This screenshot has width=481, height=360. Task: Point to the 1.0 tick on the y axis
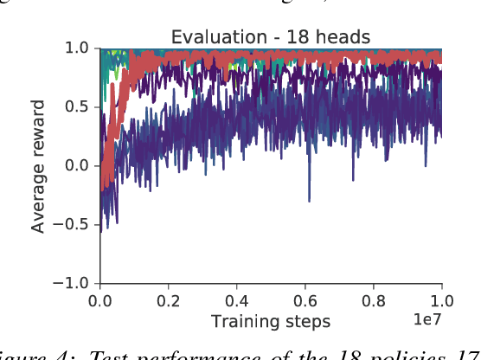click(x=78, y=48)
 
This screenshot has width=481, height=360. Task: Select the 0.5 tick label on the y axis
click(x=78, y=107)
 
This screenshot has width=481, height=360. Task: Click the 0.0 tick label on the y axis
click(x=78, y=166)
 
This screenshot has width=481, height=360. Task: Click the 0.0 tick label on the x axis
click(x=100, y=301)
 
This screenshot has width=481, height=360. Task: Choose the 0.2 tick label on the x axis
click(x=169, y=301)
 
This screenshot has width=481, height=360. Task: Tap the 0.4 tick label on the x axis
click(x=237, y=301)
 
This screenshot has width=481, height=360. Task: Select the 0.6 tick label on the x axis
click(x=305, y=301)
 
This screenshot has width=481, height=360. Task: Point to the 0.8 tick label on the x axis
click(x=374, y=301)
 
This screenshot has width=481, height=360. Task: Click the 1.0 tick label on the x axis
click(x=442, y=301)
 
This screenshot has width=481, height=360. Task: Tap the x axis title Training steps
click(x=271, y=321)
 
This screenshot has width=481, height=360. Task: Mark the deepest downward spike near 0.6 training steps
click(x=309, y=200)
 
